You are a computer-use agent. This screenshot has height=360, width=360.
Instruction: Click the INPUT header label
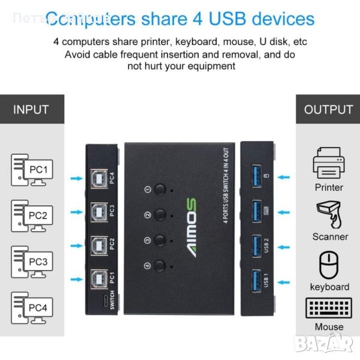coord(31,110)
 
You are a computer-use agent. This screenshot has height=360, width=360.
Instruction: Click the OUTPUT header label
coord(328,110)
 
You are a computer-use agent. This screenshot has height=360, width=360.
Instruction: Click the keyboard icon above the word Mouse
coord(329,309)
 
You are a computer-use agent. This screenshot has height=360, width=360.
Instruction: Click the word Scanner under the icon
coord(330,236)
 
